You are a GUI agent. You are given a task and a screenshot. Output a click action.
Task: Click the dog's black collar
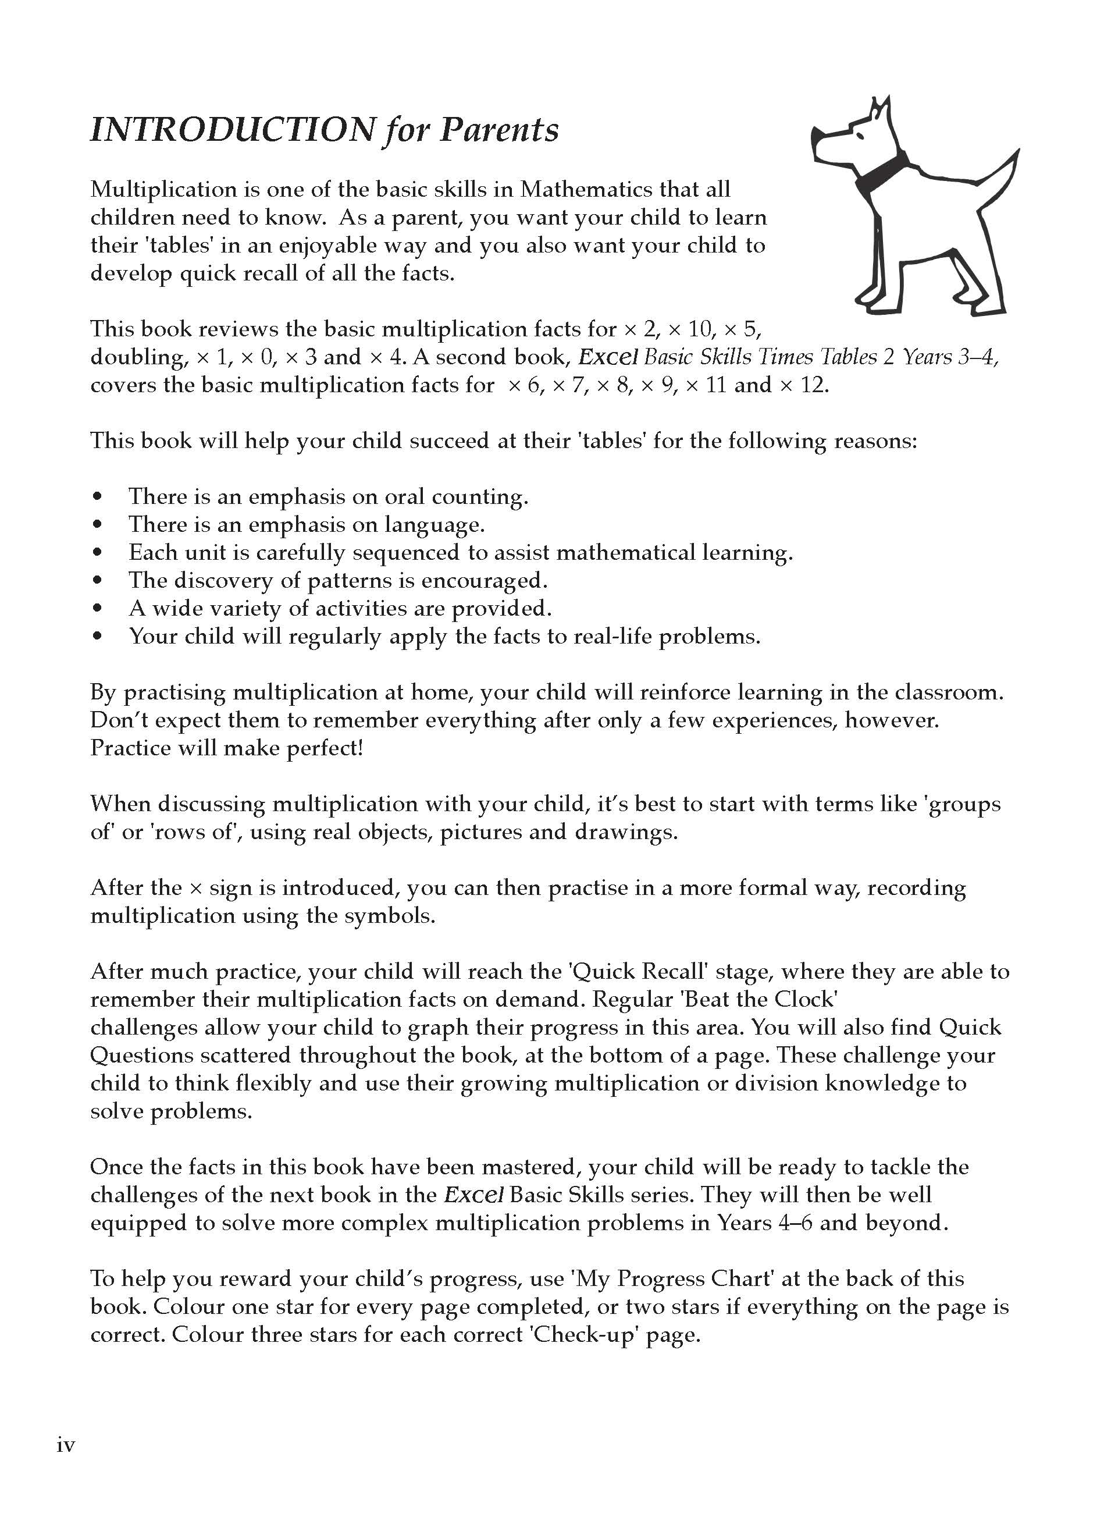point(884,169)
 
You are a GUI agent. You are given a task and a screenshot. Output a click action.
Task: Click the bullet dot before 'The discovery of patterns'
point(98,581)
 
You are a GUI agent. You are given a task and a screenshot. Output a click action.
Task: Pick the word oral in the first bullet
point(404,497)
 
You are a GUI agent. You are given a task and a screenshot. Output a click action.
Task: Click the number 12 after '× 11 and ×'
point(813,386)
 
